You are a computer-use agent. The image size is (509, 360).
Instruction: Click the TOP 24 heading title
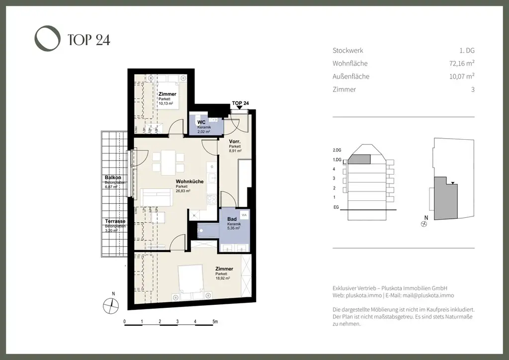(89, 40)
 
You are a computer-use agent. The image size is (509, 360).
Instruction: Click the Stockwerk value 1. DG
(467, 50)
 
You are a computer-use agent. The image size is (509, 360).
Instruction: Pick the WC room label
(201, 122)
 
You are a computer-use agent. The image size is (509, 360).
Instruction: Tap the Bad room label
(232, 219)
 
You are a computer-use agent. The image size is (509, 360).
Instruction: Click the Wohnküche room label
(189, 181)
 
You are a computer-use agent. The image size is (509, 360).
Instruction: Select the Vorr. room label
(235, 142)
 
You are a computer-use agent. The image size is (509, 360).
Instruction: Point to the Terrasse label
(114, 221)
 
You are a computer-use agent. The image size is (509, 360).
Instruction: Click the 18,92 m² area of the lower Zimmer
(222, 279)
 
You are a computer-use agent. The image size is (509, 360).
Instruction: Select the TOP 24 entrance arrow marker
(240, 107)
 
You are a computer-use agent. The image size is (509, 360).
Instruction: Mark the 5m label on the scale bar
(215, 322)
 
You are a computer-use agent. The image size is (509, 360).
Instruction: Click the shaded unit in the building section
(361, 159)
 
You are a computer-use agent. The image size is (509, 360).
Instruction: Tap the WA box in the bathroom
(244, 215)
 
